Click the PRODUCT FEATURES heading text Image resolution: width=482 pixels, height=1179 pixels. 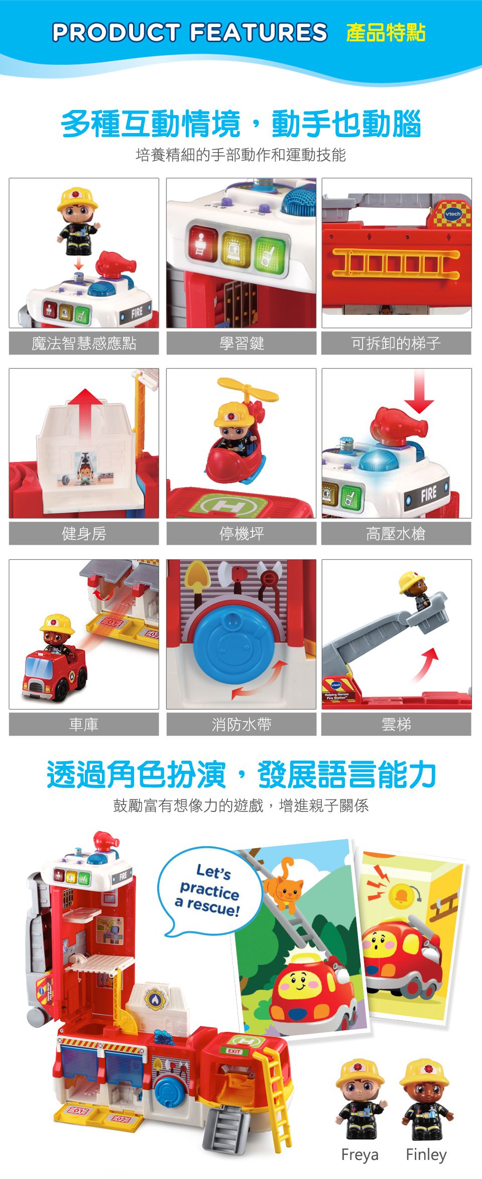tap(190, 33)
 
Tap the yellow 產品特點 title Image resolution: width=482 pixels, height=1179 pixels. tap(386, 33)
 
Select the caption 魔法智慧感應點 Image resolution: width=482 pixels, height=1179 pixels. tap(84, 343)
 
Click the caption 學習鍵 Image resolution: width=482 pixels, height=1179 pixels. tap(242, 343)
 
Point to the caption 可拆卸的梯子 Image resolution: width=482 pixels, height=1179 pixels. tap(396, 343)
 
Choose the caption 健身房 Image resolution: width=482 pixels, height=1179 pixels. tap(84, 534)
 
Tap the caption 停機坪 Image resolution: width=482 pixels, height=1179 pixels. tap(242, 534)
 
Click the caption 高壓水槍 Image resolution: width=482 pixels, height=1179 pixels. tap(396, 534)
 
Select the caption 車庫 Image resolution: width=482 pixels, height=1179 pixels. tap(84, 725)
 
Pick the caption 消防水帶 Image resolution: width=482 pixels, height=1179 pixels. tap(242, 725)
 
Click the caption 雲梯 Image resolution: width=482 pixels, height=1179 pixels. tap(396, 725)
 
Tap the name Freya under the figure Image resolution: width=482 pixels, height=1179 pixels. tap(359, 1154)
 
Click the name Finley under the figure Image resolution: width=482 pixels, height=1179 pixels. tap(426, 1154)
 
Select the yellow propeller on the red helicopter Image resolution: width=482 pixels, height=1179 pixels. tap(248, 390)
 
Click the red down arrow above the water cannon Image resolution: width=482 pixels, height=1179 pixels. tap(419, 392)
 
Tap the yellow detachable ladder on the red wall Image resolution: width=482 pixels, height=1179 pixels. tap(396, 262)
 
